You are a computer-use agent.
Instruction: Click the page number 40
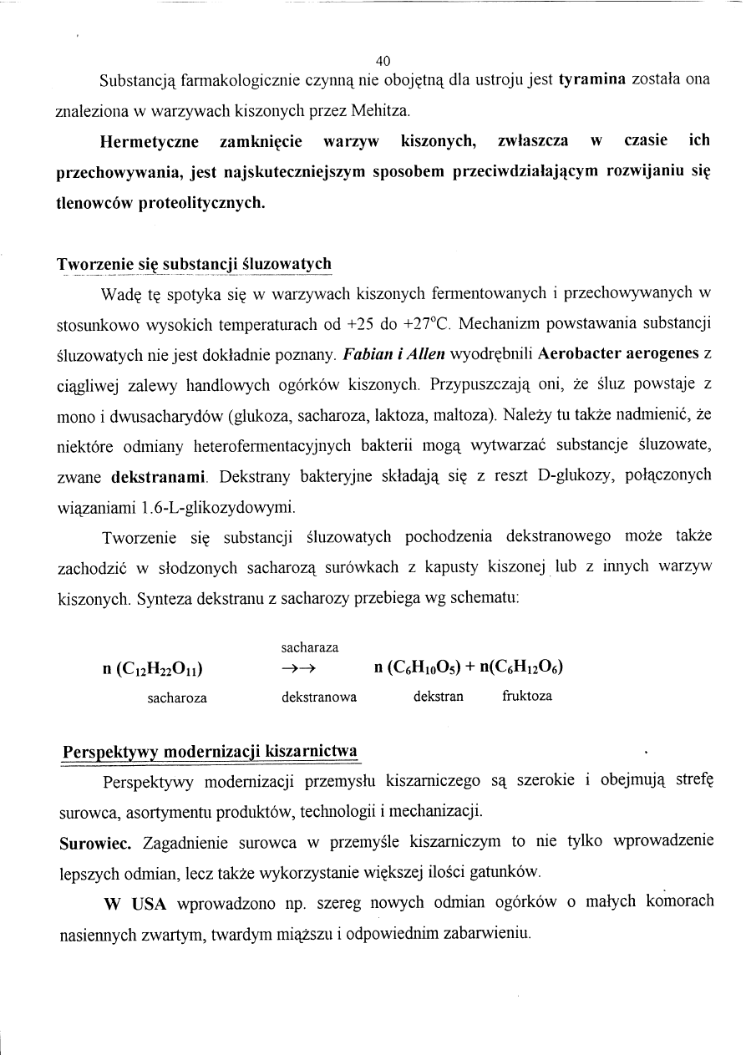click(x=383, y=60)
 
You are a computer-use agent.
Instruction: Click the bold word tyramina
click(x=592, y=80)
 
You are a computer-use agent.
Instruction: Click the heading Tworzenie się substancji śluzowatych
click(x=194, y=265)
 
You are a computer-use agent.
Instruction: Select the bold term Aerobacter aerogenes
click(x=619, y=353)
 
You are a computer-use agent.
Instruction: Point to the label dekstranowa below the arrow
click(x=319, y=697)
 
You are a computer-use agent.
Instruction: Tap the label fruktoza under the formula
click(x=526, y=696)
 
